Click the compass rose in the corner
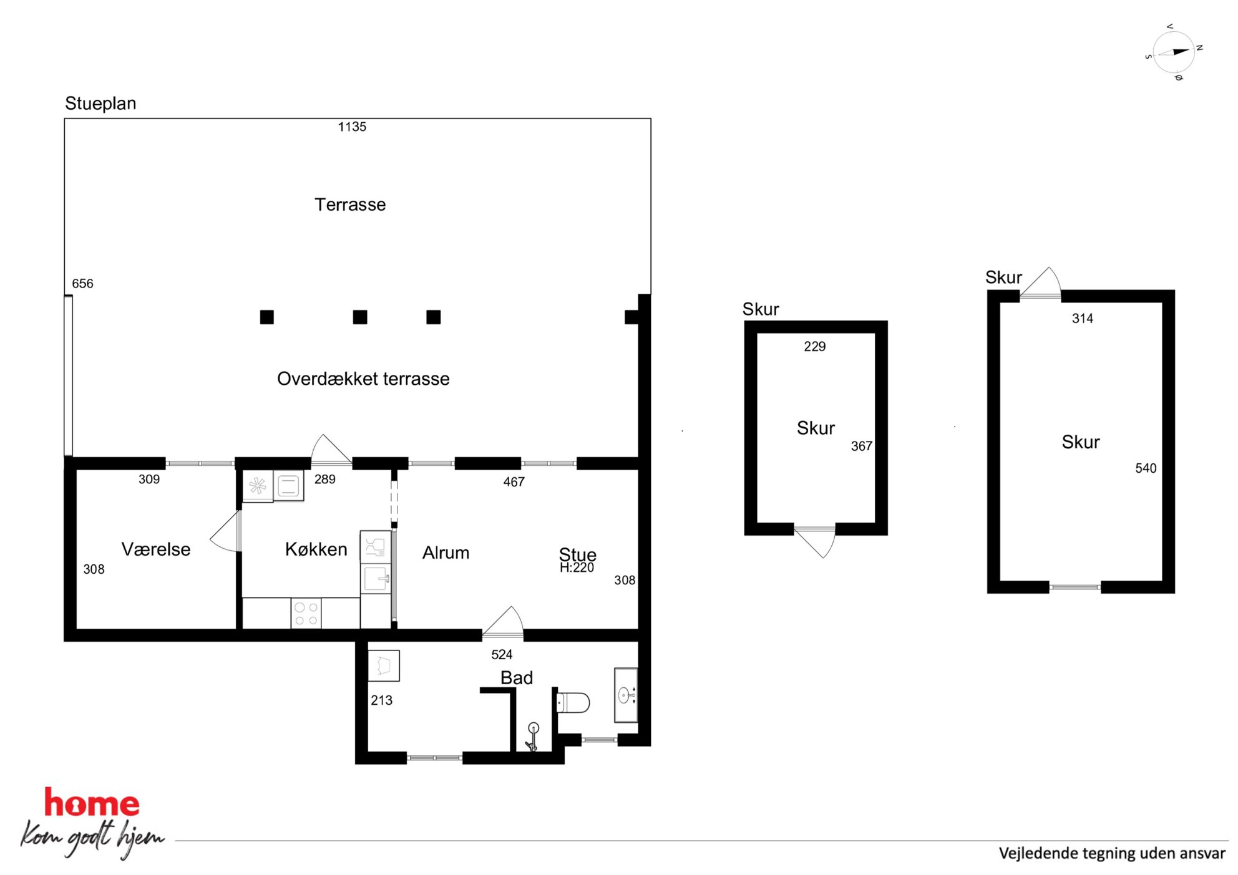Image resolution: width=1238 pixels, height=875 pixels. click(1174, 52)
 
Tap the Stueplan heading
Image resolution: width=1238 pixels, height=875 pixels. click(100, 104)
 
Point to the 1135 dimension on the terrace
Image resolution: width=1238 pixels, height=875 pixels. click(352, 127)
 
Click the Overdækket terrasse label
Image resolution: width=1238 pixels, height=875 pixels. click(363, 379)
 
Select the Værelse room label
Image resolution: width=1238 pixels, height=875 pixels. click(156, 549)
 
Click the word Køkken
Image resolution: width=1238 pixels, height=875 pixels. click(316, 549)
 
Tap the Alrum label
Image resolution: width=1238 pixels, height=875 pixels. click(446, 553)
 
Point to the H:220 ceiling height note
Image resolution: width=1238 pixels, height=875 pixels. click(577, 568)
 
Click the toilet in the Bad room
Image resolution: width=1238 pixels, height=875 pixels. click(573, 703)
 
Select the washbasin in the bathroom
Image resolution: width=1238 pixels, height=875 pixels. click(626, 695)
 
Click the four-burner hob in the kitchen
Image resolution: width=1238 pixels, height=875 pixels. click(306, 613)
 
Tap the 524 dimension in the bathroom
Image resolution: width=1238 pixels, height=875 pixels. click(502, 654)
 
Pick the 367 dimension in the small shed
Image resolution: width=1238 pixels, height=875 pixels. click(861, 446)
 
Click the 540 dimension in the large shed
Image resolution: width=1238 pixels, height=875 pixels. click(1146, 468)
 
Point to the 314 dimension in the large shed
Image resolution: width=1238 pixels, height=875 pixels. click(1083, 319)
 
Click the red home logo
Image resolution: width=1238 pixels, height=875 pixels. click(92, 803)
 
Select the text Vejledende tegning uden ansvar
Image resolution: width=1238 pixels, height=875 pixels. click(1112, 853)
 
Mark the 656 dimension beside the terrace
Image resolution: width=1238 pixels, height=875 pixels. click(82, 284)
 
